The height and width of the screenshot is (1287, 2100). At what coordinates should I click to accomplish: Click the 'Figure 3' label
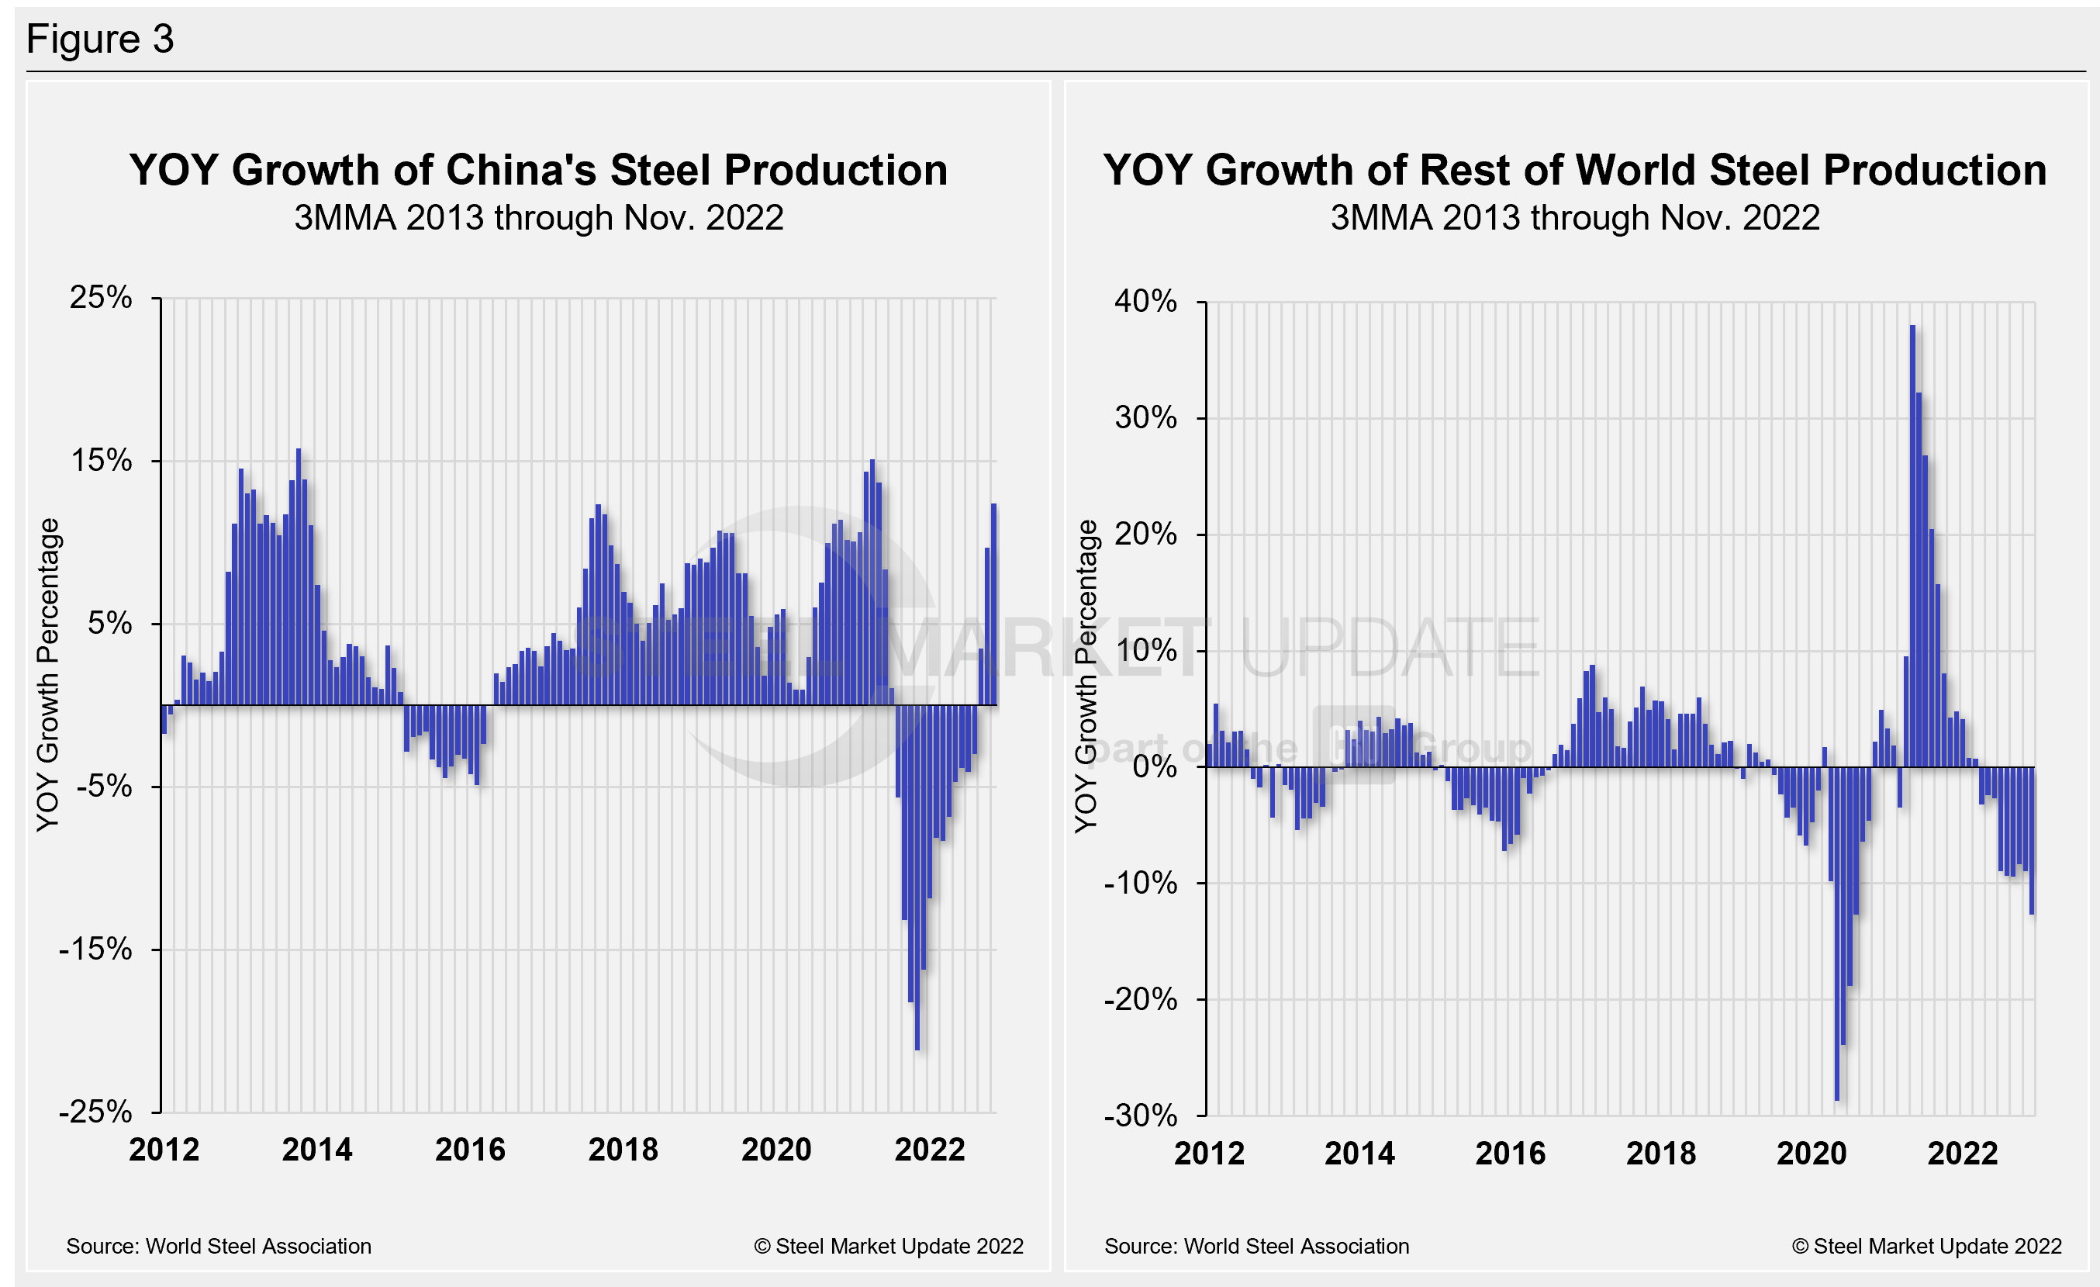click(100, 40)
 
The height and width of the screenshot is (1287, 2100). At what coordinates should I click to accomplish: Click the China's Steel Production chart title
click(539, 170)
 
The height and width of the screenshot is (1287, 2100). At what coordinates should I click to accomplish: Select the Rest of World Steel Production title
click(1574, 170)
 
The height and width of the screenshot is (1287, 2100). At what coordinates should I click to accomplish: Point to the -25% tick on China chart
click(95, 1112)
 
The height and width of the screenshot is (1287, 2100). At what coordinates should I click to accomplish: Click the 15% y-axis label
click(102, 460)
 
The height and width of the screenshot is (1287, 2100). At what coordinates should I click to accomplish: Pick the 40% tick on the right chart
click(1145, 301)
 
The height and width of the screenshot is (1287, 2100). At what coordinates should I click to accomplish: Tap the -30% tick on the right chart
click(1139, 1115)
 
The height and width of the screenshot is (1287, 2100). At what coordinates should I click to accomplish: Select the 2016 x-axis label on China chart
click(470, 1150)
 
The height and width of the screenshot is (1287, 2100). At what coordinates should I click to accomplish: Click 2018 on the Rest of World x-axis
click(1660, 1154)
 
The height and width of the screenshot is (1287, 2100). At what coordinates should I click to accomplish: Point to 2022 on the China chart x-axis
click(929, 1150)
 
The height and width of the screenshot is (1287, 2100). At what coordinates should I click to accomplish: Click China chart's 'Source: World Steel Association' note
click(219, 1246)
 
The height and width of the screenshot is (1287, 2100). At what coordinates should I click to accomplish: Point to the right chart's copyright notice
click(1926, 1246)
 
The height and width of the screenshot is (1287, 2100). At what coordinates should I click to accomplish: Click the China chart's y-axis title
click(49, 674)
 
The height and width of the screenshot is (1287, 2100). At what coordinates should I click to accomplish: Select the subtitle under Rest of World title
click(1574, 218)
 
